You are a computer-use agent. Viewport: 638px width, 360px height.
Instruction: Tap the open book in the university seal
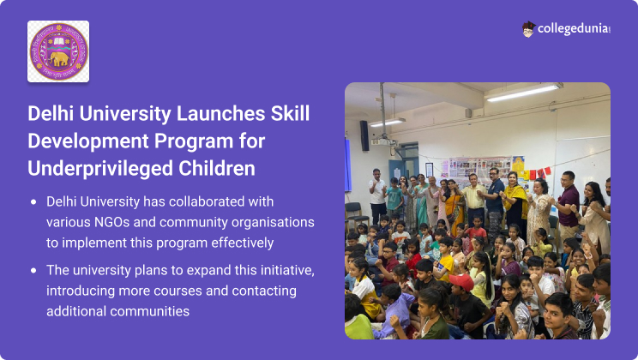(x=58, y=41)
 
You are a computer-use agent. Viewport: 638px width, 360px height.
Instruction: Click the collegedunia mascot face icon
(x=528, y=28)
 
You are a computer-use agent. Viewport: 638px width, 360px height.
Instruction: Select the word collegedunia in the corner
(x=572, y=29)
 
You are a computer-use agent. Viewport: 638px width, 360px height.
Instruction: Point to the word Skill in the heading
(x=287, y=114)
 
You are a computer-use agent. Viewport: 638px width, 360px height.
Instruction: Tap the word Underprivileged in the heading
(x=93, y=168)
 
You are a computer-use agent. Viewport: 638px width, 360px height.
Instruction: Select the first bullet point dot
(x=33, y=203)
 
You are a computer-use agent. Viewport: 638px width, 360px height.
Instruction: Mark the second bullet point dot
(x=33, y=271)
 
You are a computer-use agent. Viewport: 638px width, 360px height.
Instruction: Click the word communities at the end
(x=147, y=311)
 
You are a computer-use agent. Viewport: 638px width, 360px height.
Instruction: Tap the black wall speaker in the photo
(x=364, y=135)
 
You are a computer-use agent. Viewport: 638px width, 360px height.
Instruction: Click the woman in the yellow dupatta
(x=515, y=201)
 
